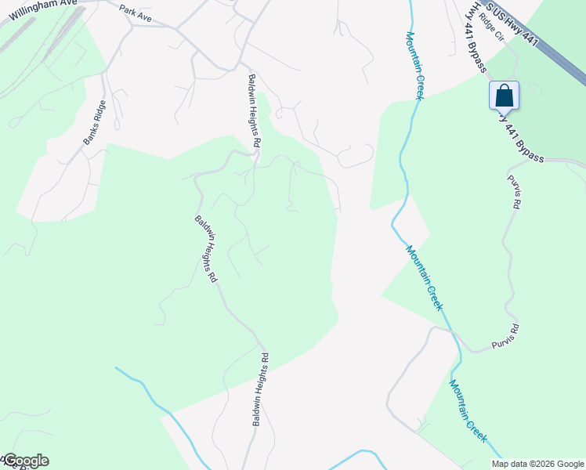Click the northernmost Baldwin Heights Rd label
[254, 111]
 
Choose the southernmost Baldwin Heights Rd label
[262, 389]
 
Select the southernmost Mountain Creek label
[469, 410]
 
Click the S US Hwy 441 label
[512, 23]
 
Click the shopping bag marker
[505, 96]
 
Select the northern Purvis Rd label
[514, 191]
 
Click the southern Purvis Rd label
[505, 337]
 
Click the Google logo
[26, 461]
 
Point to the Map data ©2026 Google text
[537, 464]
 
